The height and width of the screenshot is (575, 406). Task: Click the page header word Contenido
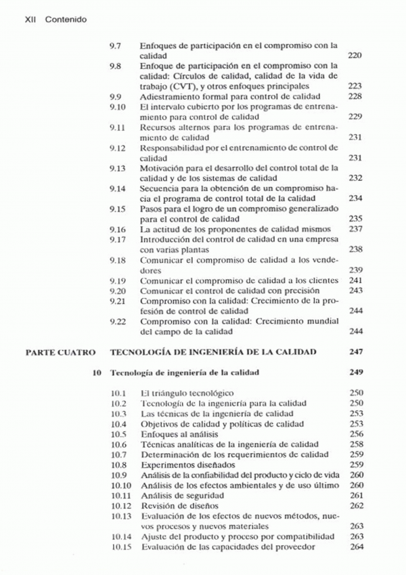(66, 20)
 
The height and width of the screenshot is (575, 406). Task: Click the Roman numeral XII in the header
(30, 20)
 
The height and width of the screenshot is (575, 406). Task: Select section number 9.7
(115, 46)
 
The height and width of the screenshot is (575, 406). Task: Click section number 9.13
(117, 167)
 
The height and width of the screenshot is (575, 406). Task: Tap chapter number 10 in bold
(98, 372)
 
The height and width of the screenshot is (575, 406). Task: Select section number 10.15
(120, 547)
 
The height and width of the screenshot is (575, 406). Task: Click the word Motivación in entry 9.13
(160, 167)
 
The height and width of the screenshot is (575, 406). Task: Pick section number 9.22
(117, 321)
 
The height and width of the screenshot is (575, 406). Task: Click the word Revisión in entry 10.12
(157, 506)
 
